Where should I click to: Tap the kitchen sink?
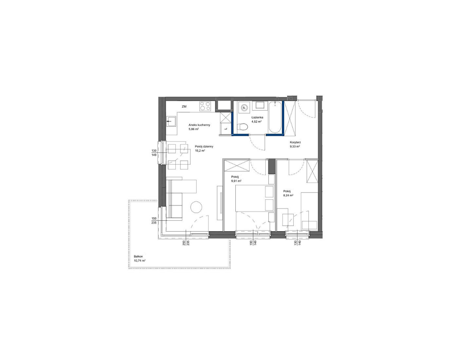tap(171, 122)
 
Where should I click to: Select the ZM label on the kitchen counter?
tap(184, 106)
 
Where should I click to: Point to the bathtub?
tap(275, 117)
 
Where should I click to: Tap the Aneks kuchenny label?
tap(199, 125)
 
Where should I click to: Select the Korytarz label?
tap(296, 142)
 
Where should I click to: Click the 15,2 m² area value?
tap(200, 151)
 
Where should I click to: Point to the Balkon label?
tap(138, 256)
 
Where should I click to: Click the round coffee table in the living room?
tap(196, 207)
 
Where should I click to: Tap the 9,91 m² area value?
tap(236, 181)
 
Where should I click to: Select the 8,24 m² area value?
tap(288, 195)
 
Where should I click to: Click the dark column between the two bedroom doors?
tap(272, 166)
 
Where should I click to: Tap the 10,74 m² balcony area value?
tap(140, 261)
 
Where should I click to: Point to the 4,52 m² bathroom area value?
tap(256, 121)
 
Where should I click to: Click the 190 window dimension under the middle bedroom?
tap(251, 244)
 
